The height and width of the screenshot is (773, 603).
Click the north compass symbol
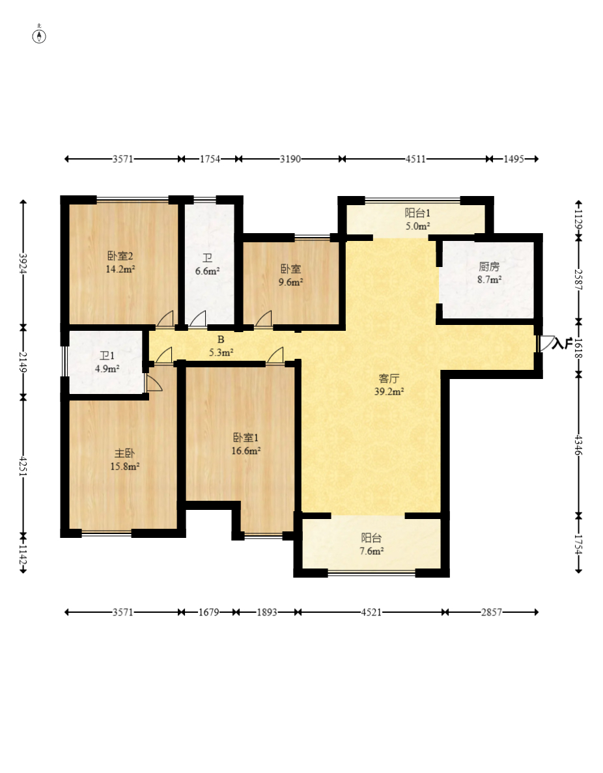(x=39, y=36)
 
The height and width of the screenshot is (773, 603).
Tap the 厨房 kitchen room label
(x=489, y=267)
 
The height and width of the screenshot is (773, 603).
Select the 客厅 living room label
(x=389, y=378)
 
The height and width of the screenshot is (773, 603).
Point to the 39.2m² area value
(x=389, y=392)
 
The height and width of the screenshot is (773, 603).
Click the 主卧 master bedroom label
(x=124, y=453)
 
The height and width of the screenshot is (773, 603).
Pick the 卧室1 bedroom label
(x=245, y=438)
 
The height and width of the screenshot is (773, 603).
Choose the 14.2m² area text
(x=120, y=269)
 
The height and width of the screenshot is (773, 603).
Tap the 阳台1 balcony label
(x=417, y=213)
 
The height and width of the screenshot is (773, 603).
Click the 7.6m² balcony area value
(x=371, y=551)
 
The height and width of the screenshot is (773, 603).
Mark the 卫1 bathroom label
(x=107, y=356)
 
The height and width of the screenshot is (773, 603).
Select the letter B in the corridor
(x=221, y=340)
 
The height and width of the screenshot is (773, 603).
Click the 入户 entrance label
(x=561, y=343)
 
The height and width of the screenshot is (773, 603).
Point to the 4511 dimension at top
(x=415, y=159)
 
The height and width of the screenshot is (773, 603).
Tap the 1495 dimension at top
(x=514, y=159)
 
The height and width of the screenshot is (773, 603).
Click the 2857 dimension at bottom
(x=491, y=612)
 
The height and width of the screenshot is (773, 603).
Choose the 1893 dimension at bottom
(x=267, y=612)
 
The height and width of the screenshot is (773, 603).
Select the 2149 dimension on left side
(x=23, y=362)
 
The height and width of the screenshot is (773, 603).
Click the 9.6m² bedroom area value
(x=290, y=283)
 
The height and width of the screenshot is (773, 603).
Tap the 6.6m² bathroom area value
(x=207, y=271)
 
